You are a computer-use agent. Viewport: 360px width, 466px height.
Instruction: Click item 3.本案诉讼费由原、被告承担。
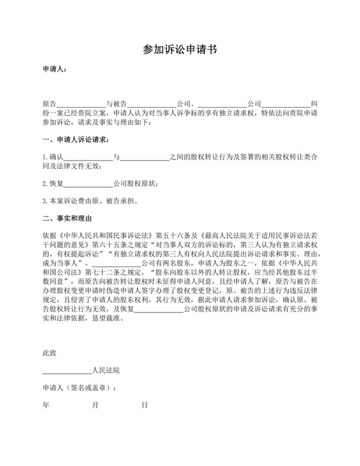(89, 201)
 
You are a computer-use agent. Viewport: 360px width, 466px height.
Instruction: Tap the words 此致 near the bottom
(50, 354)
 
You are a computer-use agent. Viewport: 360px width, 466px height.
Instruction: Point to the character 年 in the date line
(46, 406)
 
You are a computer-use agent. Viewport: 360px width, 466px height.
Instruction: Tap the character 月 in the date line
(95, 406)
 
